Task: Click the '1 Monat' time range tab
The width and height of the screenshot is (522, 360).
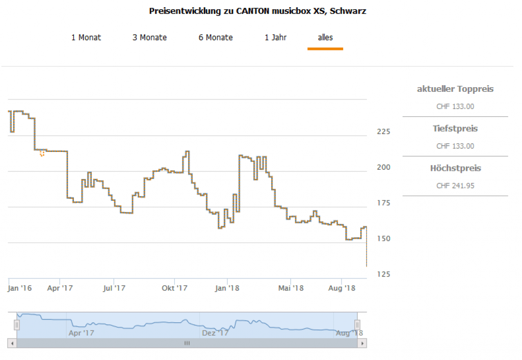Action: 86,38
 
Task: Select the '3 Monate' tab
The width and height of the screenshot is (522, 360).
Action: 149,38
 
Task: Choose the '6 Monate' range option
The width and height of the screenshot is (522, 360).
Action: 216,38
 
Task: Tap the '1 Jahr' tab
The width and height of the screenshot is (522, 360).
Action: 275,38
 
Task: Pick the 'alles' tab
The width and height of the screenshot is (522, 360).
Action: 325,38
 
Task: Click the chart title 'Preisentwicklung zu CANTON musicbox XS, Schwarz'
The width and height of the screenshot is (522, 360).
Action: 257,11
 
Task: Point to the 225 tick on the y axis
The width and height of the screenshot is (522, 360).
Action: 383,132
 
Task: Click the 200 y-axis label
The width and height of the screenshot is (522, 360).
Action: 383,167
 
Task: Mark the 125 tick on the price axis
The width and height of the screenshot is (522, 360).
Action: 383,274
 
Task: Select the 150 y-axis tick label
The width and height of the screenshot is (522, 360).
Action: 383,239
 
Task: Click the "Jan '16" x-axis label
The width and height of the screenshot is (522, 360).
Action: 20,289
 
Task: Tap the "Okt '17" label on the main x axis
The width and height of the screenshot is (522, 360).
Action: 174,289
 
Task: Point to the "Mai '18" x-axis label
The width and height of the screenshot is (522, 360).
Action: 291,289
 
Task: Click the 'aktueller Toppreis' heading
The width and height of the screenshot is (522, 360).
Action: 455,89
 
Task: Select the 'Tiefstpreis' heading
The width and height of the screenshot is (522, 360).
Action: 455,128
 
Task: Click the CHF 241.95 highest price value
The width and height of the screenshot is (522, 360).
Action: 455,186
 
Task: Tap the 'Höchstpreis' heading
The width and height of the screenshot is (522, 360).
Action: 455,168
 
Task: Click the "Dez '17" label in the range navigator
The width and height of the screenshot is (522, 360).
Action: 215,333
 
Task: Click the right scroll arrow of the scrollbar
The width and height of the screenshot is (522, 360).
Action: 362,344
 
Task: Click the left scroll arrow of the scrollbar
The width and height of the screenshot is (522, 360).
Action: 12,344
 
